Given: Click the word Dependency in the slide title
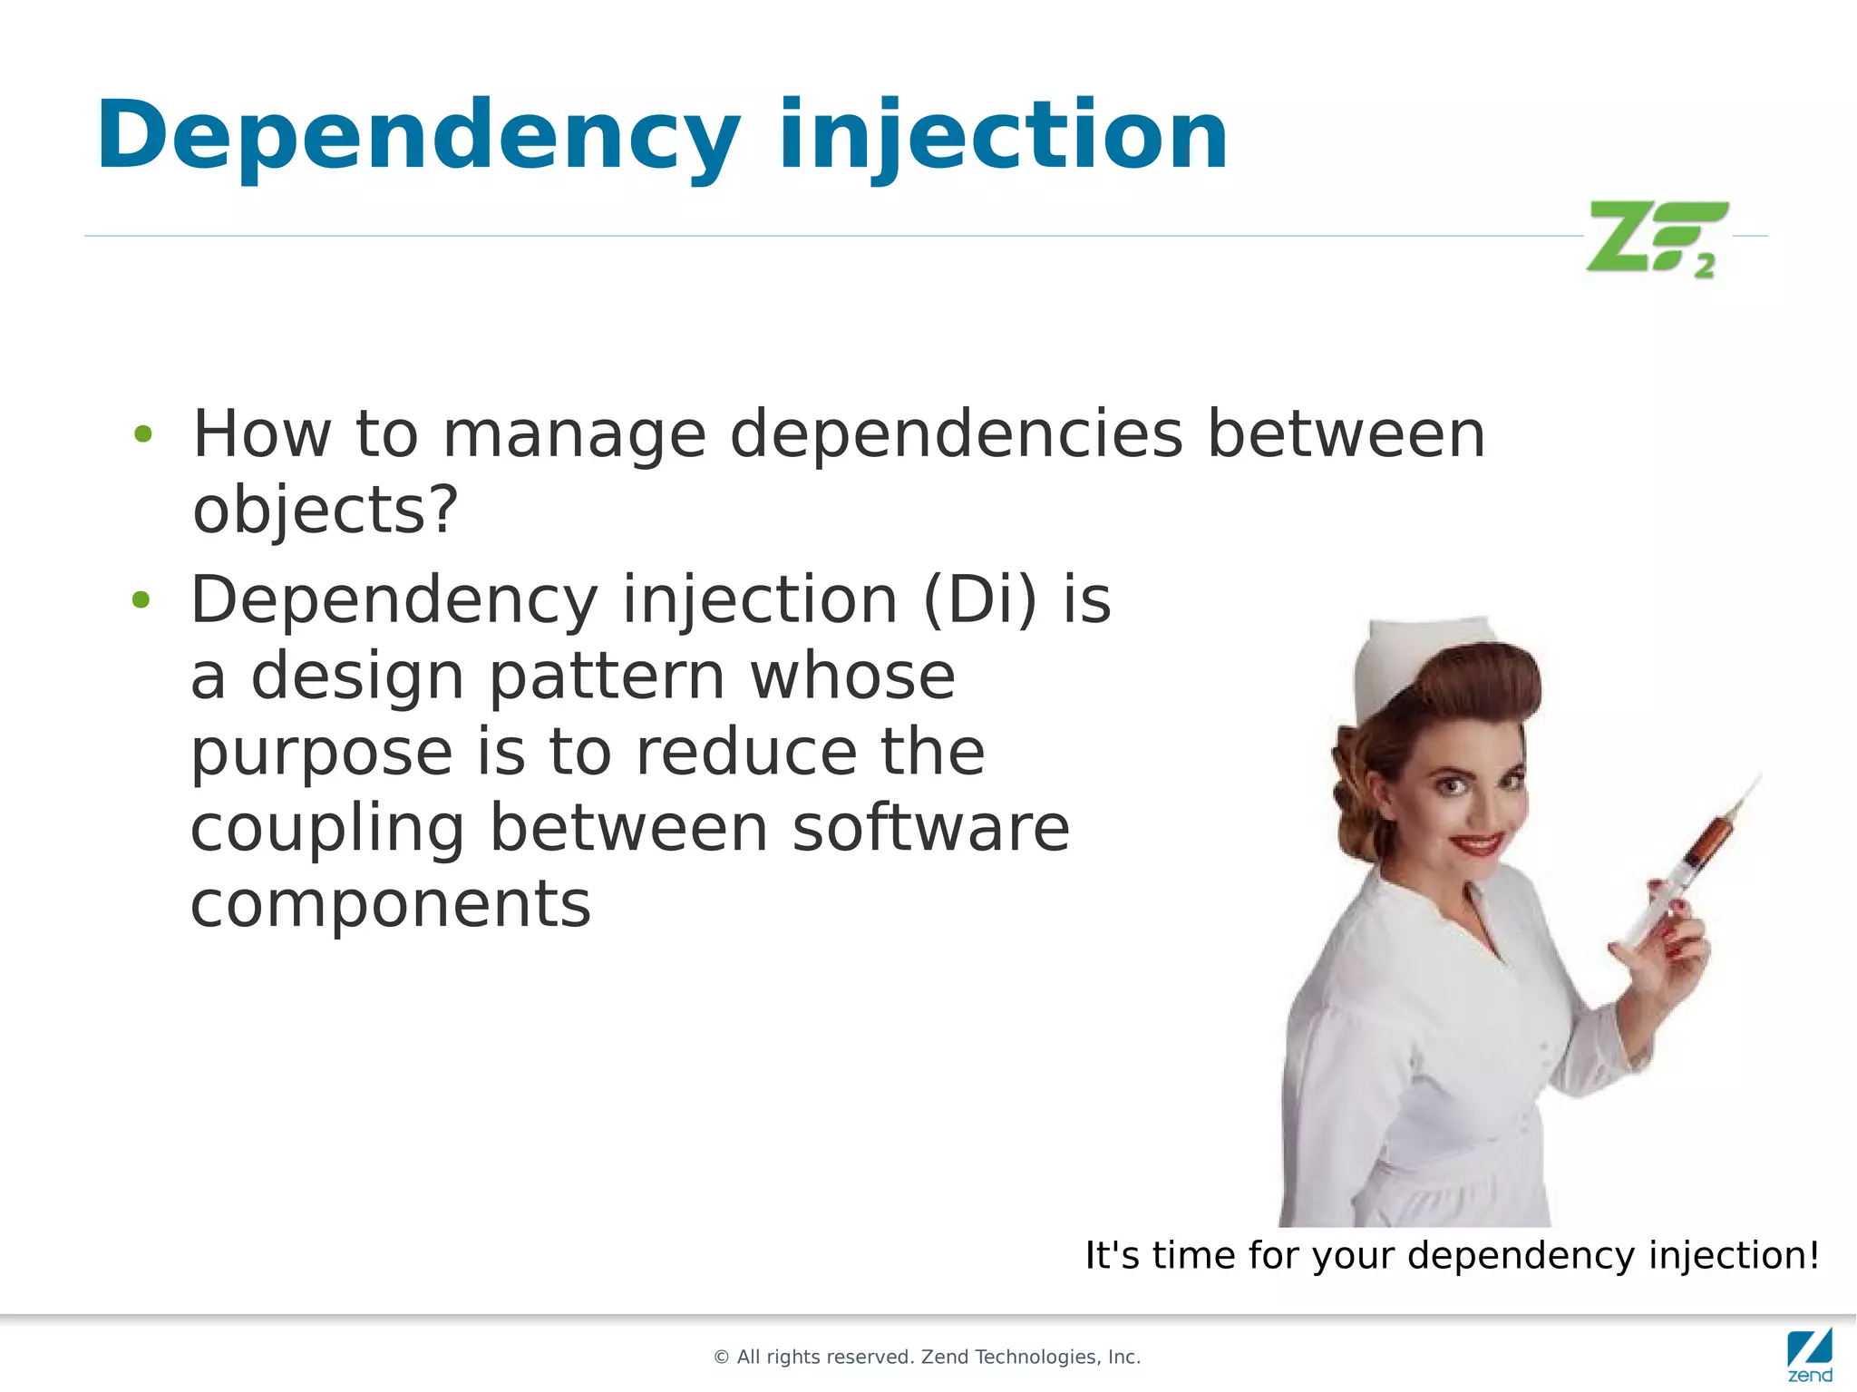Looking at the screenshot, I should coord(417,136).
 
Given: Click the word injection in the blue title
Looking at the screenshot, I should coord(1002,136).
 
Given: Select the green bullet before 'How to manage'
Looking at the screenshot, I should coord(142,434).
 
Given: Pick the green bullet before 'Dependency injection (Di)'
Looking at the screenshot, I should coord(141,599).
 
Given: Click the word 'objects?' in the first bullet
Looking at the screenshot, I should coord(326,511).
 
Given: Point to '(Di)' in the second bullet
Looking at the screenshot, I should coord(980,600).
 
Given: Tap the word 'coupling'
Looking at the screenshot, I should coord(327,829).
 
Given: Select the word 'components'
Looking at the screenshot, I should coord(390,904).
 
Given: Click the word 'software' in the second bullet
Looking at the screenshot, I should coord(931,829).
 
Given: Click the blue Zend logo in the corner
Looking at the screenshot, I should coord(1810,1353).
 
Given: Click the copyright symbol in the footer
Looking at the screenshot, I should coord(722,1358).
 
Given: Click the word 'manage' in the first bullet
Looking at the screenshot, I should coord(573,434).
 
